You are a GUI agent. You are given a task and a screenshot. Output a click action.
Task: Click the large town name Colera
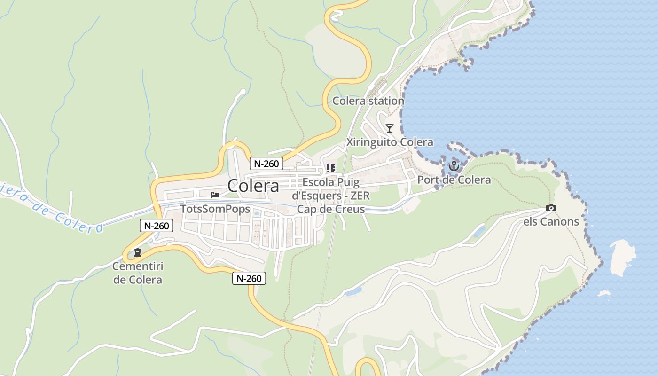pyautogui.click(x=253, y=186)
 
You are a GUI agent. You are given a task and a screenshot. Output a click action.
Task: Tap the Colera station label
pyautogui.click(x=368, y=101)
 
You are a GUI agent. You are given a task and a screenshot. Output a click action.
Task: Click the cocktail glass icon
pyautogui.click(x=390, y=128)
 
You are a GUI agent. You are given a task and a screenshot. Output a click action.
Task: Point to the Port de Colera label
pyautogui.click(x=454, y=180)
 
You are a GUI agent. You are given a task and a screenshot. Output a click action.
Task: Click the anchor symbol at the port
pyautogui.click(x=454, y=165)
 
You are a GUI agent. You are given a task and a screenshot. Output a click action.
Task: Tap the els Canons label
pyautogui.click(x=551, y=221)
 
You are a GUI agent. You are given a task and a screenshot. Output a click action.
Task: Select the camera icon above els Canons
pyautogui.click(x=551, y=208)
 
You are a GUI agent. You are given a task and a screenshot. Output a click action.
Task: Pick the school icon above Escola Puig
pyautogui.click(x=331, y=168)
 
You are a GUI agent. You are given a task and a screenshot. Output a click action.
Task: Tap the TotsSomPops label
pyautogui.click(x=215, y=209)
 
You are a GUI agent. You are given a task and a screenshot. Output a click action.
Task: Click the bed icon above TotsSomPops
pyautogui.click(x=215, y=195)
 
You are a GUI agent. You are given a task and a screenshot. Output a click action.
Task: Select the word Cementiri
pyautogui.click(x=137, y=266)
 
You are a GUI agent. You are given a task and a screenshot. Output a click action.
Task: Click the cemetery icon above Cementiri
pyautogui.click(x=137, y=253)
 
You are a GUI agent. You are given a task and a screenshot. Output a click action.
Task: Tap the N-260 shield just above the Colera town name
pyautogui.click(x=266, y=164)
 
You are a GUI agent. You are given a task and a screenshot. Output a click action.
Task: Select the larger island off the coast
pyautogui.click(x=623, y=257)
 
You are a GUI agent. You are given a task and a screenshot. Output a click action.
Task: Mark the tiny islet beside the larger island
pyautogui.click(x=603, y=293)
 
